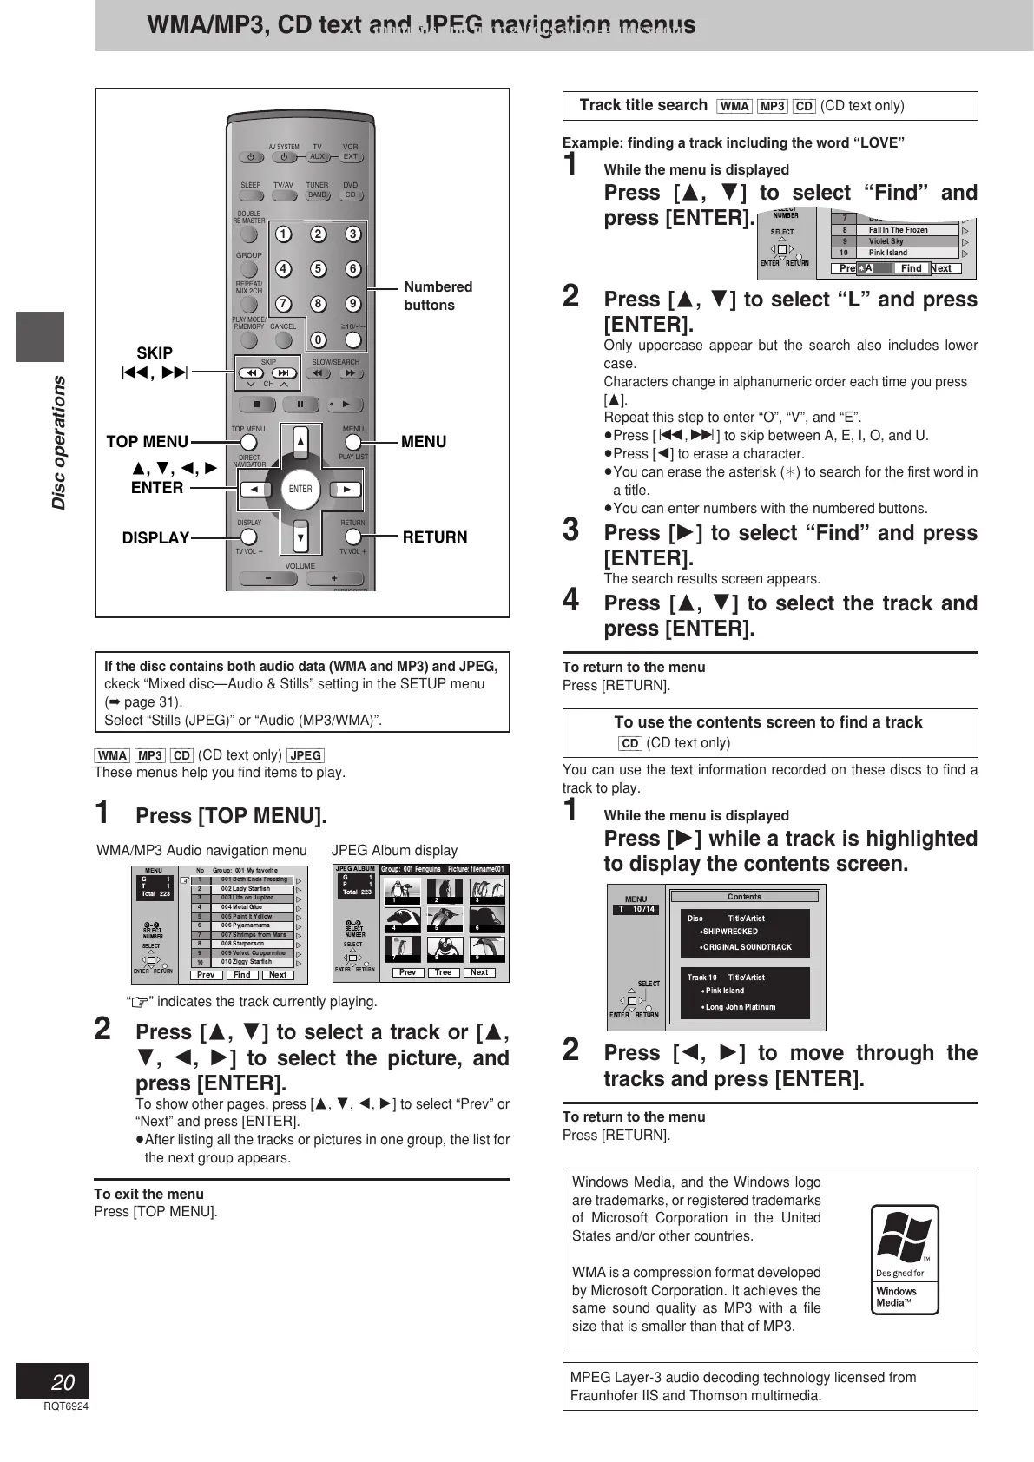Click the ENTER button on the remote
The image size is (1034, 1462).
pyautogui.click(x=300, y=489)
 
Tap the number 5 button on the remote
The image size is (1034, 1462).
pyautogui.click(x=318, y=269)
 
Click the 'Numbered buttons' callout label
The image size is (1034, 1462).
pyautogui.click(x=438, y=296)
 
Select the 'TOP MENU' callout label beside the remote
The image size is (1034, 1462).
pyautogui.click(x=147, y=442)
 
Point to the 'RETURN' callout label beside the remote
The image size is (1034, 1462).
pyautogui.click(x=434, y=537)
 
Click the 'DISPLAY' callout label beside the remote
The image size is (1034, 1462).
pyautogui.click(x=155, y=538)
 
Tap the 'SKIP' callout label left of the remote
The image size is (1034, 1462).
pyautogui.click(x=155, y=353)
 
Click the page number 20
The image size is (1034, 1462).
pyautogui.click(x=63, y=1382)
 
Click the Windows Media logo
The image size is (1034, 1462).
pyautogui.click(x=905, y=1259)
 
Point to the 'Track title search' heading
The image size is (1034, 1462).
pyautogui.click(x=643, y=105)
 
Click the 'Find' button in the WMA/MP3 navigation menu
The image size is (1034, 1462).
pyautogui.click(x=242, y=975)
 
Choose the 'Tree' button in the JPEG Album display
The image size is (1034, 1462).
pyautogui.click(x=443, y=972)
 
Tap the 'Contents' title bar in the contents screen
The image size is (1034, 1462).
pyautogui.click(x=744, y=897)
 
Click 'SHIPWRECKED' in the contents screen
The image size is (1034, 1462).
pyautogui.click(x=730, y=932)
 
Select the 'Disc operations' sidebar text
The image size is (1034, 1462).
pyautogui.click(x=58, y=443)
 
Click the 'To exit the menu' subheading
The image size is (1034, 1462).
pyautogui.click(x=148, y=1194)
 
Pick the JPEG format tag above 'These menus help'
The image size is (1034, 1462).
pyautogui.click(x=306, y=755)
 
